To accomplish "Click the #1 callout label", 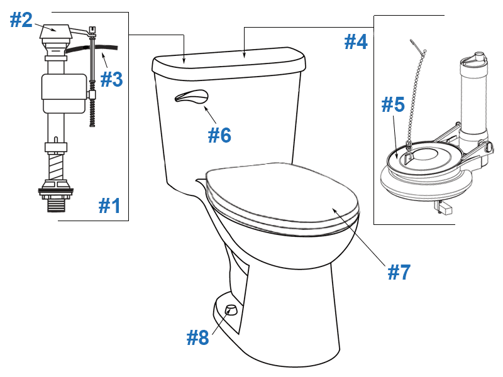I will [x=109, y=205].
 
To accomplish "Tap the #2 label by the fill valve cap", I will [x=21, y=20].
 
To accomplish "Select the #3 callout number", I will [x=111, y=79].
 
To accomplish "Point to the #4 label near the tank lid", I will [x=356, y=42].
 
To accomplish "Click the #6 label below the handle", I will [x=220, y=134].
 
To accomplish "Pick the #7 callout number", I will [x=399, y=272].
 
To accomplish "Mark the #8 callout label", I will [x=197, y=337].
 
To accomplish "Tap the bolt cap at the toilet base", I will [x=230, y=309].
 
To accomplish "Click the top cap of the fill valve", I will [x=53, y=29].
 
